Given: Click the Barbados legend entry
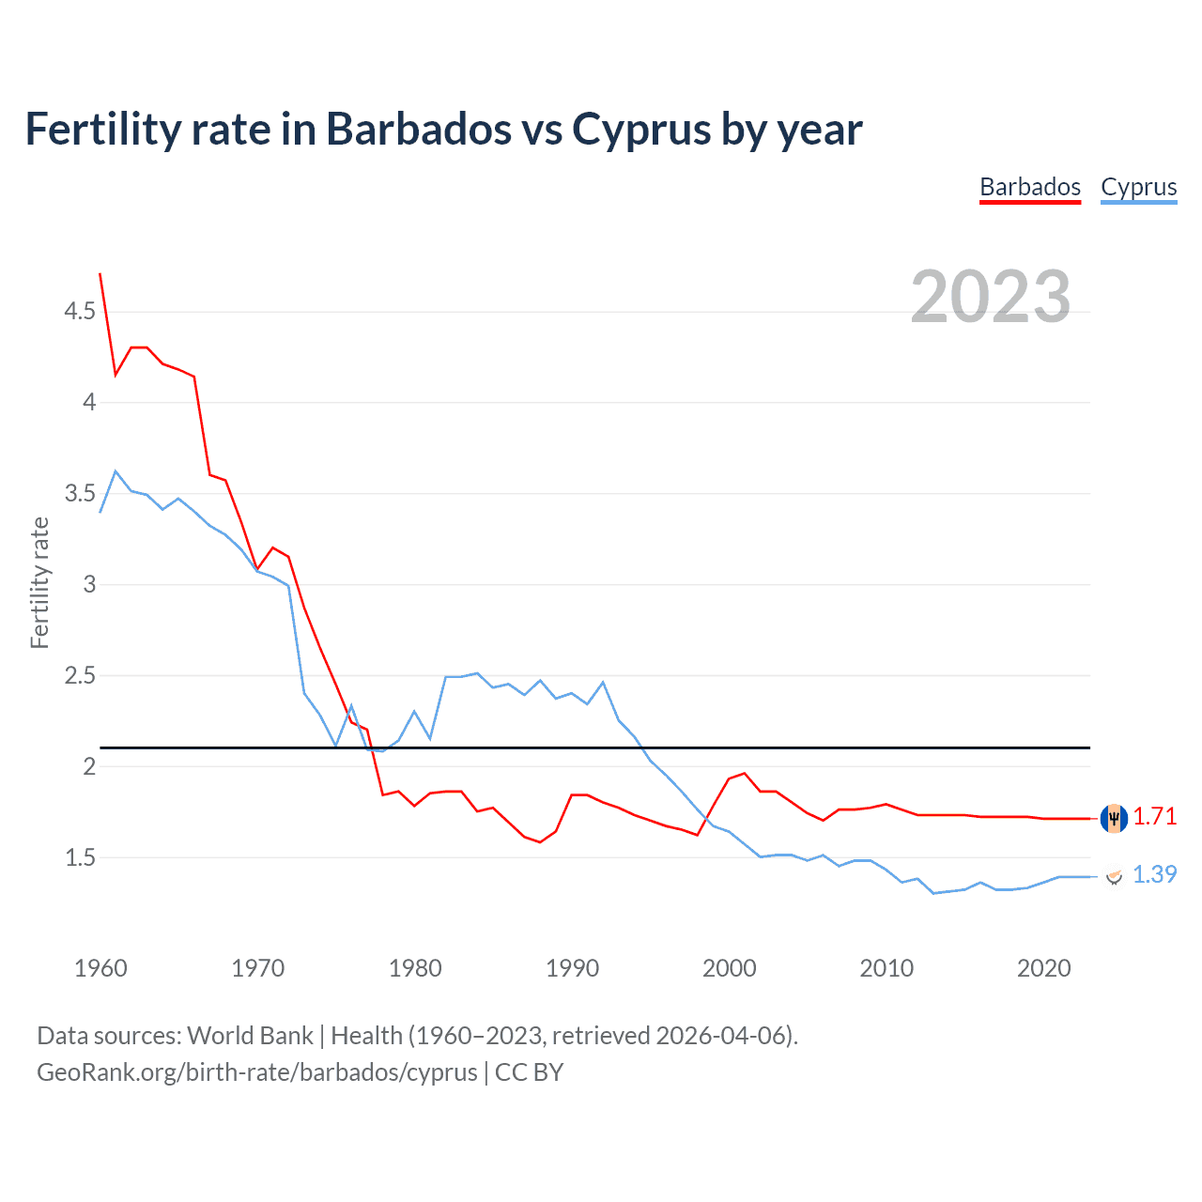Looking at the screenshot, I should coord(1030,187).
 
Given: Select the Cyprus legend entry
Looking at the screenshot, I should coord(1138,187).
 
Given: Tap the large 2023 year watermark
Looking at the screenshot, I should coord(990,297).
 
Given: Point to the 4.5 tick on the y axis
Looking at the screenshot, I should coord(80,312).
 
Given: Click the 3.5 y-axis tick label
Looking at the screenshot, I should coord(80,494).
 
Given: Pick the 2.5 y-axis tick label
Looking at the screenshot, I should coord(80,676).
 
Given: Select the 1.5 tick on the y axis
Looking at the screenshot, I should coord(80,858).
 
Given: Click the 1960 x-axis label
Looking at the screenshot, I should coord(100,968).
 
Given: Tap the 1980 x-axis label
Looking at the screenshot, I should coord(415,968).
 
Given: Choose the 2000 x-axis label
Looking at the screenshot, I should coord(729,968).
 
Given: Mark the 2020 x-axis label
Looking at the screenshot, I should coord(1043,968).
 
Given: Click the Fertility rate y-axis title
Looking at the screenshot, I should coord(39,582).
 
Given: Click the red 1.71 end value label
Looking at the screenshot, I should coord(1154,817).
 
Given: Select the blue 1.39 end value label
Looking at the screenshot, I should coord(1154,875).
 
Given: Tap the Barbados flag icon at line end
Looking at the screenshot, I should coord(1114,818).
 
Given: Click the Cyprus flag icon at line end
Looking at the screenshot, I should coord(1114,876).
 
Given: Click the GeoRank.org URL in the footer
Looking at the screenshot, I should coord(256,1072).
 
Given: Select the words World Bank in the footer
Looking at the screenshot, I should coord(250,1036).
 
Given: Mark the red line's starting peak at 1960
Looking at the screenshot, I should coord(100,274).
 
